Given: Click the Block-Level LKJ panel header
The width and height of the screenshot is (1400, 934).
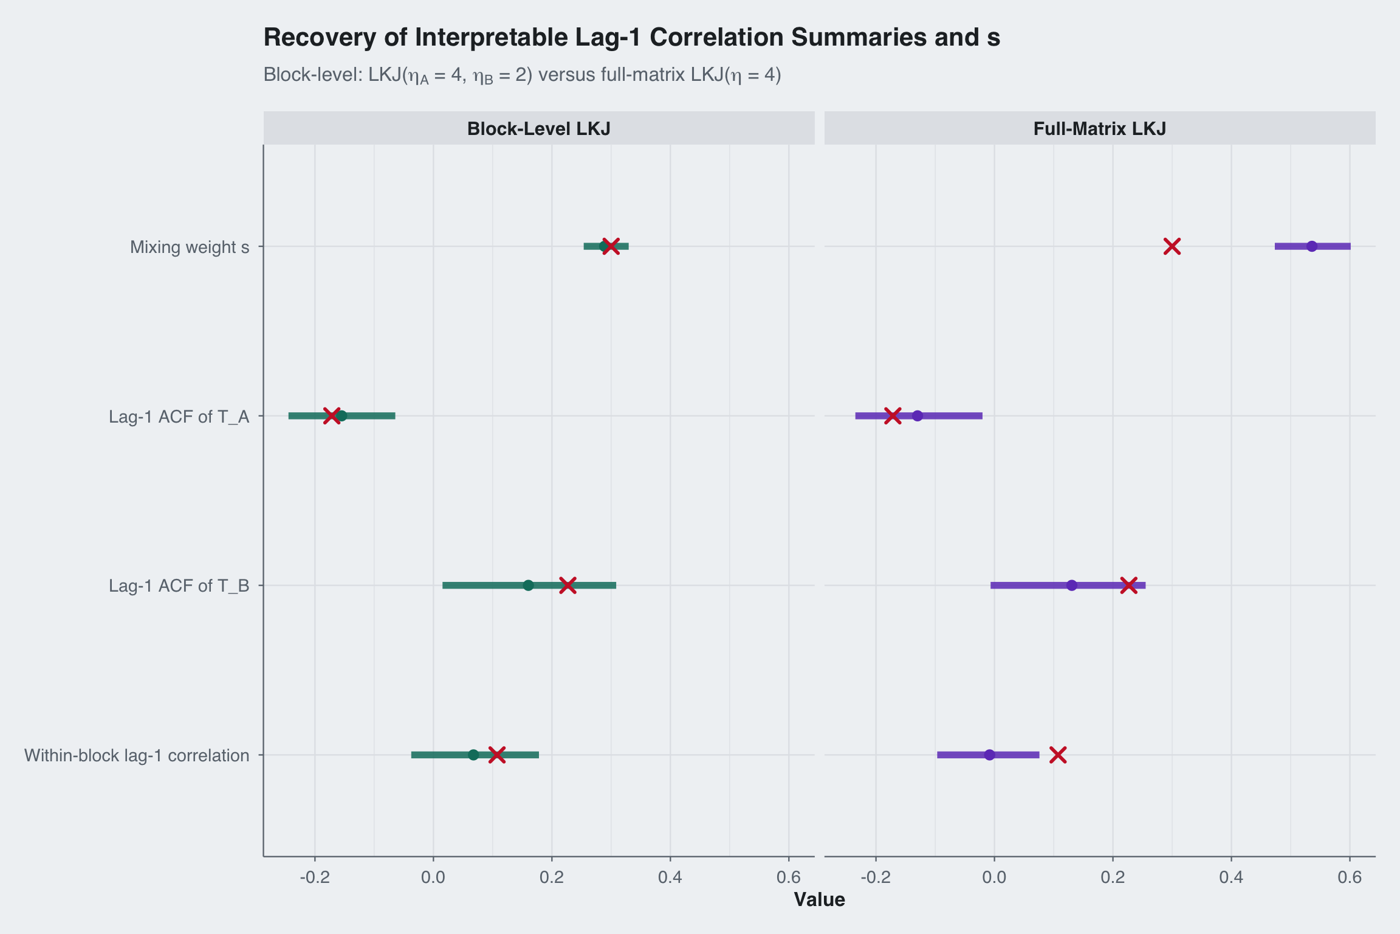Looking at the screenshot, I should coord(538,129).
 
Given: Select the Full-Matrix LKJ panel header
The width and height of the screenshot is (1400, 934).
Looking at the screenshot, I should coord(1099,129).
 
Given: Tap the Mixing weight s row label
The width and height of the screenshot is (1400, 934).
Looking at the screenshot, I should coord(190,247).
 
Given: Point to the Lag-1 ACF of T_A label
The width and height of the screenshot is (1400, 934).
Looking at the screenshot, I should coord(179,417).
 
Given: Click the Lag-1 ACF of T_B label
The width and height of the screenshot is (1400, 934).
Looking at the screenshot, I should coord(179,586).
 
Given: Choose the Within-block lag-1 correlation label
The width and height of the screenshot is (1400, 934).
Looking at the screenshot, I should coord(137,755).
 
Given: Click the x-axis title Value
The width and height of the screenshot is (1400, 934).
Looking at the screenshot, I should coord(819,899).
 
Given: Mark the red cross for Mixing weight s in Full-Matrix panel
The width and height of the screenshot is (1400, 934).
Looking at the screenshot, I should coord(1172,246).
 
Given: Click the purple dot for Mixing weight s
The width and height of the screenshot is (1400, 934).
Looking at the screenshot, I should coord(1312,246).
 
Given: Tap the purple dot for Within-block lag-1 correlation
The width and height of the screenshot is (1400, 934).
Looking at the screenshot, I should coord(989,755).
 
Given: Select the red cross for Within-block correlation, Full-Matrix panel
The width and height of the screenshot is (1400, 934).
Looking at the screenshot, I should coord(1058,755).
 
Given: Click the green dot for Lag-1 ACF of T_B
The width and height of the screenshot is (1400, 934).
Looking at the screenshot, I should coord(528,585).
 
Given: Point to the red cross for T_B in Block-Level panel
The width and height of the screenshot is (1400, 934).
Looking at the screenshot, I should coord(568,585).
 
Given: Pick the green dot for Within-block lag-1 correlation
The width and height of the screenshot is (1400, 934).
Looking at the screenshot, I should coord(473,755).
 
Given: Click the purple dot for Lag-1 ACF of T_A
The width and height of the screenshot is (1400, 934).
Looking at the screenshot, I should coord(918,416).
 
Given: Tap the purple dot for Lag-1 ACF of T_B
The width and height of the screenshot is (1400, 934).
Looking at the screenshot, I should coord(1072,585).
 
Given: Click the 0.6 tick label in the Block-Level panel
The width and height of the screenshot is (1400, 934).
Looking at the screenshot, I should coord(789,877).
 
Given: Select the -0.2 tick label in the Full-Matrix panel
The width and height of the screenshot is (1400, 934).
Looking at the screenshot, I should coord(875,877).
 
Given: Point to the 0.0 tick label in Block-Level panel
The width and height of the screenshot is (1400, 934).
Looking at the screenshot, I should coord(433,877).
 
